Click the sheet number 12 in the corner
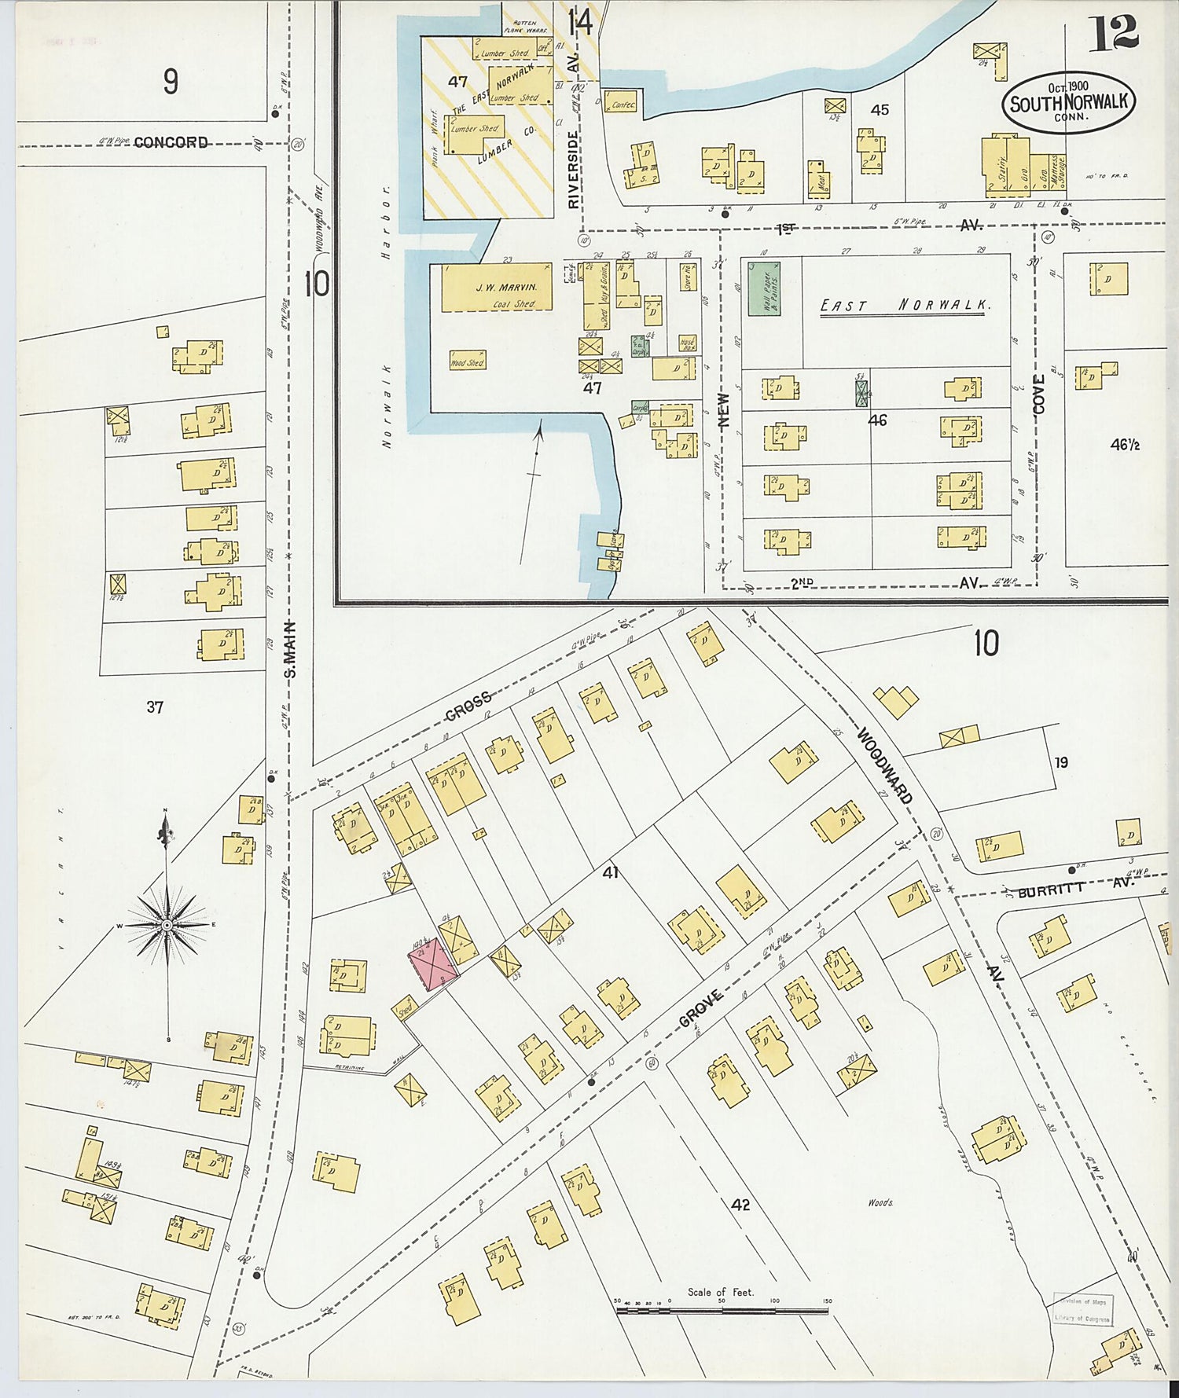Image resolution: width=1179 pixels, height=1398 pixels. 1113,32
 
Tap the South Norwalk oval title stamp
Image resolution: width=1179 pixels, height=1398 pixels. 1068,103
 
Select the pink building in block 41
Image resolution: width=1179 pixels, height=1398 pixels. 432,963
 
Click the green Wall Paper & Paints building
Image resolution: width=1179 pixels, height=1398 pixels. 763,288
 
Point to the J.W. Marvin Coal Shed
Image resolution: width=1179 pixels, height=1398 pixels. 496,288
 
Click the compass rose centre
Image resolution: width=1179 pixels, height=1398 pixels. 167,926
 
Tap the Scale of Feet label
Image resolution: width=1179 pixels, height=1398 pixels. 720,1292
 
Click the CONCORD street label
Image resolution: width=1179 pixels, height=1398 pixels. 171,142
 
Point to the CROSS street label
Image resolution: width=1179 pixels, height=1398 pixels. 468,706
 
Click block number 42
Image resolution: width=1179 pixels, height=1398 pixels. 740,1204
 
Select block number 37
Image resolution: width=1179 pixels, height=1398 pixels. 155,707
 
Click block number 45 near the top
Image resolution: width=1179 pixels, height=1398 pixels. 880,110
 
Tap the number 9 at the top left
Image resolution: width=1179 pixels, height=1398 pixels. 171,82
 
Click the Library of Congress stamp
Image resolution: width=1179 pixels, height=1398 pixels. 1083,1309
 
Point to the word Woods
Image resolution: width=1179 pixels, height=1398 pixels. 880,1202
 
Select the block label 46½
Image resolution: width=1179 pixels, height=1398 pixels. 1125,445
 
